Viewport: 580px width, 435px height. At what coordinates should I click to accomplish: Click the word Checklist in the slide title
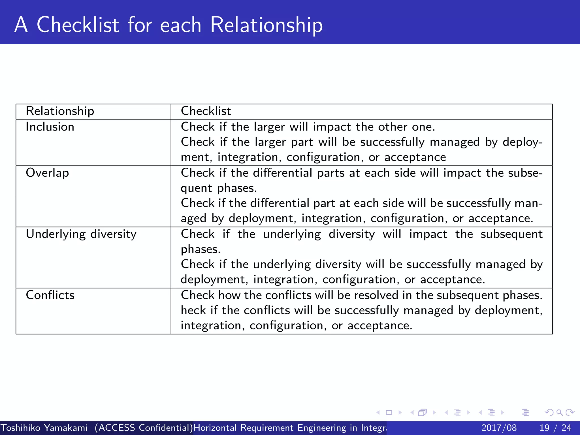(x=78, y=25)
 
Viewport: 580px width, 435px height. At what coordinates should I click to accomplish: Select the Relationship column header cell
(x=60, y=111)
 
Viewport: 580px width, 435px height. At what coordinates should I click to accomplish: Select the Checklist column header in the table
(x=206, y=111)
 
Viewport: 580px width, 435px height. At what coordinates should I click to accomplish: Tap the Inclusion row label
(x=50, y=127)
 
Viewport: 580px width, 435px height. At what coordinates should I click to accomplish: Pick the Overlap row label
(x=47, y=173)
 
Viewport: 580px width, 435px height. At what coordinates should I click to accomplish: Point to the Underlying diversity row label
(x=81, y=234)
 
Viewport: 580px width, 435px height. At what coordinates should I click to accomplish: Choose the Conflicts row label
(x=50, y=295)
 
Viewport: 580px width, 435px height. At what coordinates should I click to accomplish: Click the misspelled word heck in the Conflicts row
(x=193, y=311)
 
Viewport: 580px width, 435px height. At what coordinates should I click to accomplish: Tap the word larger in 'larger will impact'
(x=269, y=127)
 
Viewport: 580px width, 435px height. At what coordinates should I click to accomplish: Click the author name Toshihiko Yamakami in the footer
(x=44, y=428)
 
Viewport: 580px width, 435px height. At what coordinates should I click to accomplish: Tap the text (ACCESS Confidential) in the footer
(x=144, y=428)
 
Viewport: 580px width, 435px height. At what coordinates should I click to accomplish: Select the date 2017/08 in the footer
(x=499, y=428)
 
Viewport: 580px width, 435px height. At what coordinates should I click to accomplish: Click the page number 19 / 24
(x=555, y=428)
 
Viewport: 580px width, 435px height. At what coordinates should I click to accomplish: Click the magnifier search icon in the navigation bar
(x=559, y=412)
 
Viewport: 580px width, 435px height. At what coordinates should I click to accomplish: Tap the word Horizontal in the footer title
(x=215, y=428)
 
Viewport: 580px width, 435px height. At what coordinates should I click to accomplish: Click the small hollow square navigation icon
(x=389, y=412)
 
